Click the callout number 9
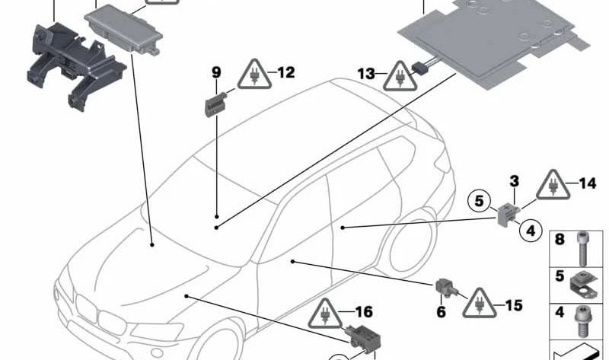(x=216, y=73)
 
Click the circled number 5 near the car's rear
(x=479, y=202)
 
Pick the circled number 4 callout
(x=531, y=228)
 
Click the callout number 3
(x=515, y=181)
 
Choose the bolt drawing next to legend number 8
(x=583, y=245)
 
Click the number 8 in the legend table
(x=560, y=240)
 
